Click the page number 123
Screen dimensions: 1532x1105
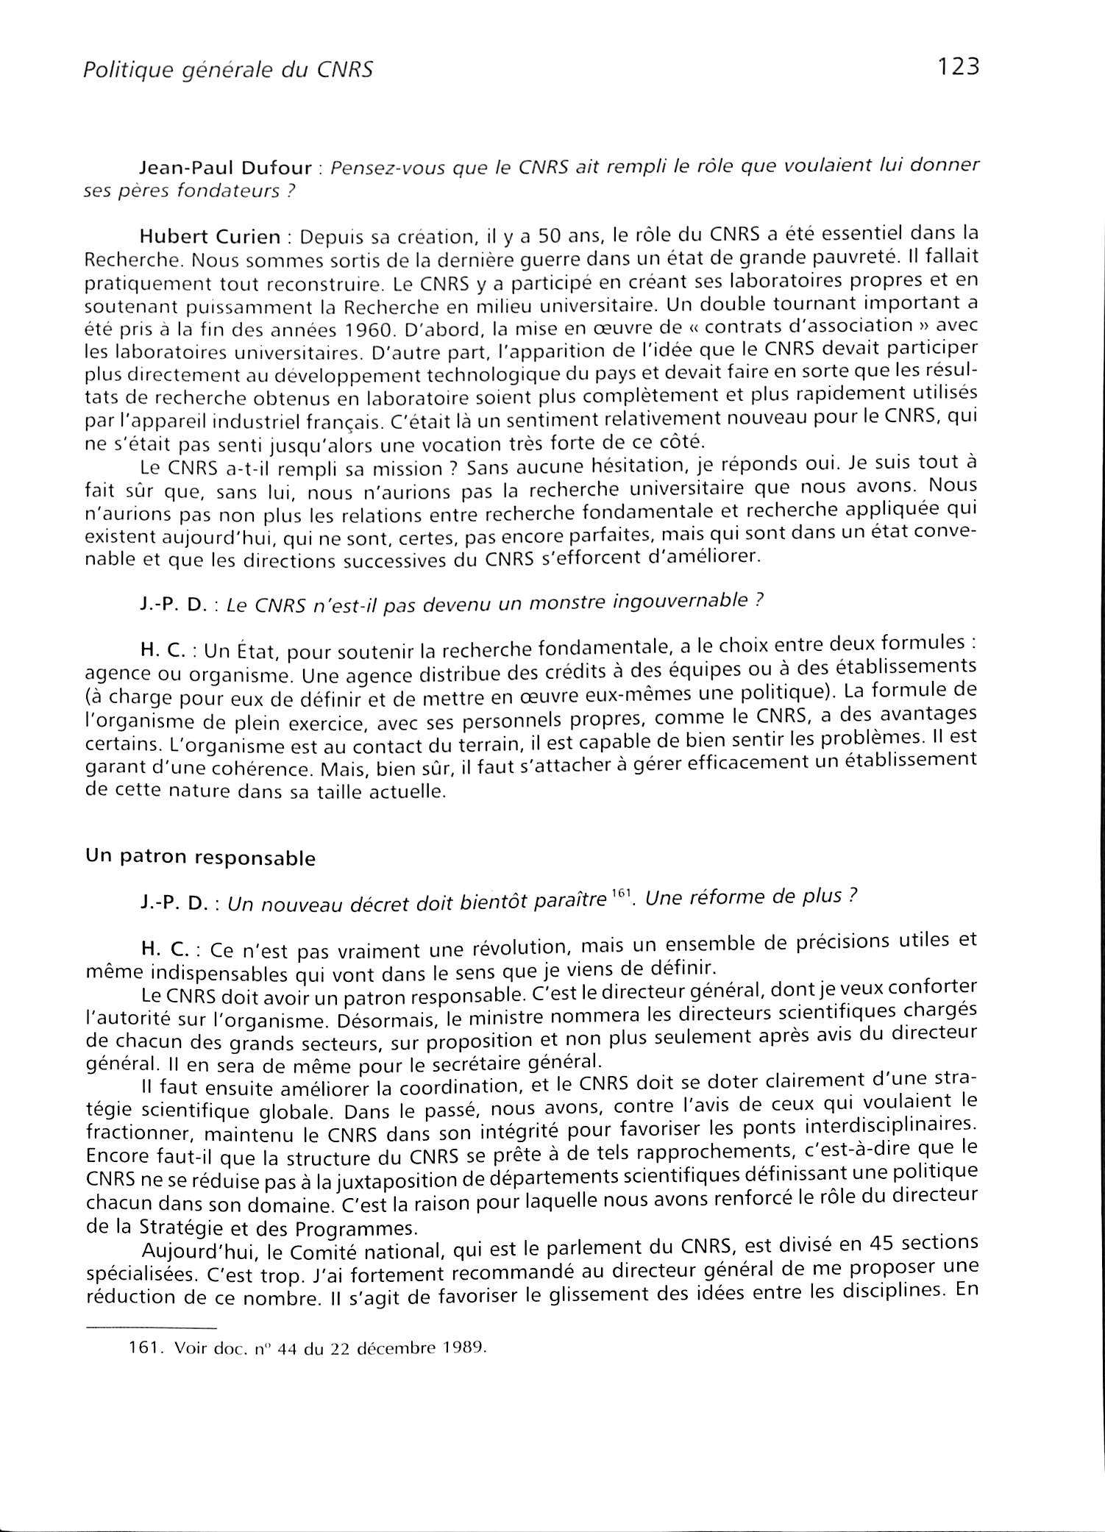pyautogui.click(x=959, y=67)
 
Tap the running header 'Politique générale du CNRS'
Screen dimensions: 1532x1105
pyautogui.click(x=228, y=70)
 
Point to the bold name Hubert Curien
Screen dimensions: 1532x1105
pyautogui.click(x=210, y=238)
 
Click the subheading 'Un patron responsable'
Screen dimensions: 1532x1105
pyautogui.click(x=200, y=858)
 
